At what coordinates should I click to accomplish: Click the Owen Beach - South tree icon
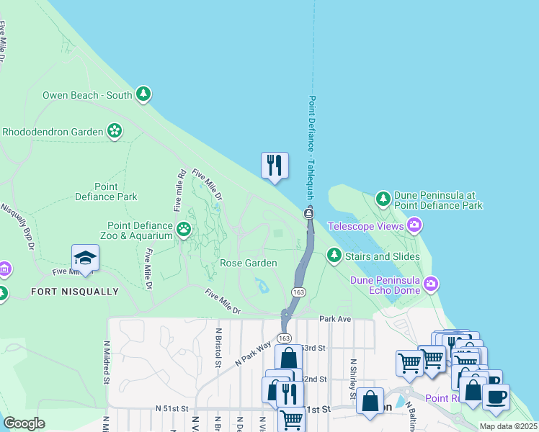[143, 94]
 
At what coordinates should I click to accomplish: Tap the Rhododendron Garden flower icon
[114, 131]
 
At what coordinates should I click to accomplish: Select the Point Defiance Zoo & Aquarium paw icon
[184, 230]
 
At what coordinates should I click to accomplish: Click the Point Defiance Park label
[106, 192]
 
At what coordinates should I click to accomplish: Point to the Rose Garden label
[249, 264]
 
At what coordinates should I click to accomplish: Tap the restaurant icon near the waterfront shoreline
[274, 166]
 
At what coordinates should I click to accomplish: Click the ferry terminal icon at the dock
[308, 213]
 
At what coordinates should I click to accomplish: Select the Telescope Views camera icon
[414, 226]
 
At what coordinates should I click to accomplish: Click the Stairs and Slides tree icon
[334, 255]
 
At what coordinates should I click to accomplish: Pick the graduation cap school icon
[85, 258]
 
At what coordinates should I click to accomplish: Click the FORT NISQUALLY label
[75, 292]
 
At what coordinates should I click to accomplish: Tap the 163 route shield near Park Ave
[285, 338]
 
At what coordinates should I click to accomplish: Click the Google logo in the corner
[24, 423]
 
